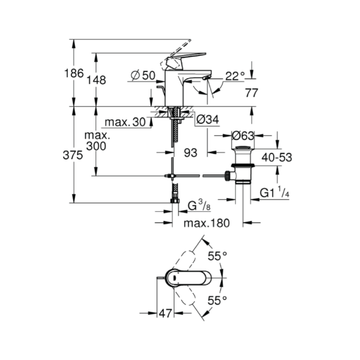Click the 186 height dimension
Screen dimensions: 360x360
coord(74,73)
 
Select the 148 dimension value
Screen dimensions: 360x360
coord(96,80)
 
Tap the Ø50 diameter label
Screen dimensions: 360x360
coord(143,76)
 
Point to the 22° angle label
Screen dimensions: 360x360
coord(235,76)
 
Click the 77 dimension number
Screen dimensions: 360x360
coord(251,93)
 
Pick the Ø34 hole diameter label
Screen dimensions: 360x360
coord(208,119)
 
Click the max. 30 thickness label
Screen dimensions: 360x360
coord(125,122)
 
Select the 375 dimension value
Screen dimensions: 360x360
coord(73,155)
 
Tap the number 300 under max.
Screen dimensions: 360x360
coord(96,146)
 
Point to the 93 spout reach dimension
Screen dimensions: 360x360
coord(191,153)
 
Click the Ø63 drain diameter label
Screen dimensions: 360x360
coord(243,136)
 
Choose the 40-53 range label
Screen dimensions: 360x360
coord(277,157)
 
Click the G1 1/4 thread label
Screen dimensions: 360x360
coord(274,193)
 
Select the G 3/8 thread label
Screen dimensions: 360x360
coord(199,205)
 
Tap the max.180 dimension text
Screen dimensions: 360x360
coord(206,223)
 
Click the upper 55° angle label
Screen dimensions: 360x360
coord(217,256)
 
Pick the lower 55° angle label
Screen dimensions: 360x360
coord(217,301)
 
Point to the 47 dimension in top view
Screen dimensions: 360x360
coord(166,313)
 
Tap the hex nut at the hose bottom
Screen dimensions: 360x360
coord(175,201)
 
